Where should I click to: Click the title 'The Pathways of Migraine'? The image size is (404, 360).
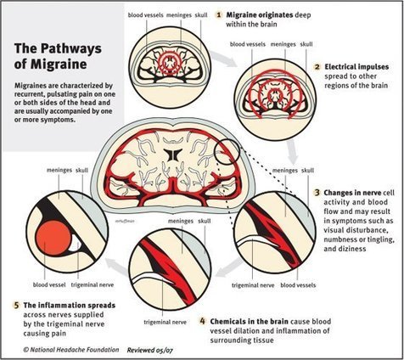click(58, 56)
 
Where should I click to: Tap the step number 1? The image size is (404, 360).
click(218, 14)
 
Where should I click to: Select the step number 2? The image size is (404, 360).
click(317, 67)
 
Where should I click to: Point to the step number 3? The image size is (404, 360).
click(317, 193)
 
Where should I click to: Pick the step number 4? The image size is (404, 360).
click(203, 321)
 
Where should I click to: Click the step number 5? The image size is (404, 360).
click(17, 306)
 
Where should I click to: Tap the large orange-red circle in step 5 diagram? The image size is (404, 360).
click(54, 238)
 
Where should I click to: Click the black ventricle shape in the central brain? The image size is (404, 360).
click(172, 155)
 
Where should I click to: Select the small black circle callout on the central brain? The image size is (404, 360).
click(227, 152)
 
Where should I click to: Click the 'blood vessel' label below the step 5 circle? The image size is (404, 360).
click(49, 284)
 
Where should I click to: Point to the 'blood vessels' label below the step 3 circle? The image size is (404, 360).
click(298, 285)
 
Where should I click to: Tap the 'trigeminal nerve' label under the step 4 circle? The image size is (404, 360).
click(166, 322)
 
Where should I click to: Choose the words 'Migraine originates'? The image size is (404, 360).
click(260, 14)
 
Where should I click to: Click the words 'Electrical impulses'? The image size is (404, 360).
click(356, 67)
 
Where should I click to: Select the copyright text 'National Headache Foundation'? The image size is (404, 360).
click(74, 350)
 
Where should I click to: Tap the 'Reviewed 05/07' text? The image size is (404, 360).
click(149, 350)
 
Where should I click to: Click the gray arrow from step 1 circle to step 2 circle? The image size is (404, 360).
click(224, 59)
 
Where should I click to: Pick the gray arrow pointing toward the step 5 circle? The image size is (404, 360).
click(117, 267)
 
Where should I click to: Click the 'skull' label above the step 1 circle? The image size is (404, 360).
click(201, 14)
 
